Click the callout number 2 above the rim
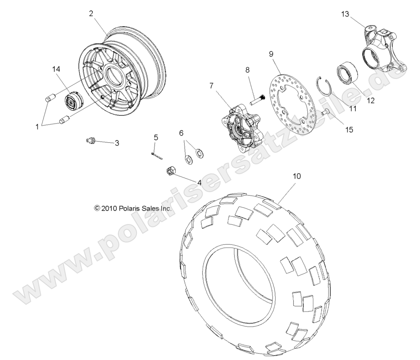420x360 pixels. click(x=91, y=13)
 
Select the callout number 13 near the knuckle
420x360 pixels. click(x=345, y=14)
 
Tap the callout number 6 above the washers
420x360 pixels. click(x=181, y=133)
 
